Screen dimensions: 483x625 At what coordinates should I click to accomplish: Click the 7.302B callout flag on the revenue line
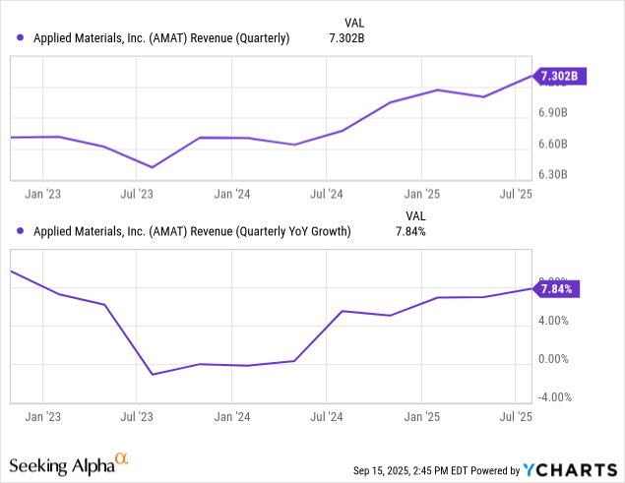[x=559, y=76]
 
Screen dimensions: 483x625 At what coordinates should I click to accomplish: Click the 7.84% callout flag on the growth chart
[x=557, y=288]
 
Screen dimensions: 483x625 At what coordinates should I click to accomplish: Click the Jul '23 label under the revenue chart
[x=137, y=195]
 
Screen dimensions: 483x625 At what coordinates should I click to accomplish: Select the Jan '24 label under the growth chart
[x=230, y=417]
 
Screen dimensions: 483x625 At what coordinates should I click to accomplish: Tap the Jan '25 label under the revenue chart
[x=422, y=195]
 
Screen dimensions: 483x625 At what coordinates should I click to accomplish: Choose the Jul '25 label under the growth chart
[x=517, y=417]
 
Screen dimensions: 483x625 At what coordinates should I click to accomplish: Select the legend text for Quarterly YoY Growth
[x=191, y=232]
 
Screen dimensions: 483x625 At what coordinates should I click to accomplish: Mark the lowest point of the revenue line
[x=152, y=167]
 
